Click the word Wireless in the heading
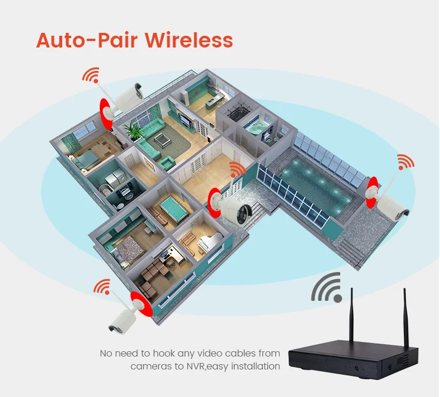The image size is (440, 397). [x=189, y=40]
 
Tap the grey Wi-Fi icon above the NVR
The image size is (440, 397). [x=327, y=287]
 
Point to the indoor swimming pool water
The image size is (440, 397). [x=317, y=188]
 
